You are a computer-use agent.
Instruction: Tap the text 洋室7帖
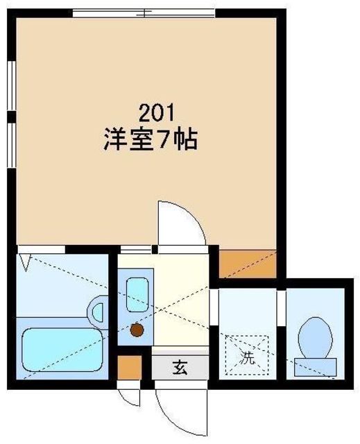151,139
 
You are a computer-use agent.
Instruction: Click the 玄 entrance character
180,368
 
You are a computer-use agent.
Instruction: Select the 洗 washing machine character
247,358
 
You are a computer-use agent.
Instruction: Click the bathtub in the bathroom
62,350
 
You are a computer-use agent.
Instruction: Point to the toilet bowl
315,338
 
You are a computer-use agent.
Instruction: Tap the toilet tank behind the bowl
316,367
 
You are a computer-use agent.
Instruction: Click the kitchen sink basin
137,295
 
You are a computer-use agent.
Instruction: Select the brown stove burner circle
137,330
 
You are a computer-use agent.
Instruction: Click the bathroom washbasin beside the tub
98,312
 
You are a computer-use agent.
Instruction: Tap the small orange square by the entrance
129,367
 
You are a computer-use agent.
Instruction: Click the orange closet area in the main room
248,264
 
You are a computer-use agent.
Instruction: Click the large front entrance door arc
175,416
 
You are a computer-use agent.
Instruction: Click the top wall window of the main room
144,13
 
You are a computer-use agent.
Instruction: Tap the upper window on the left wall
12,85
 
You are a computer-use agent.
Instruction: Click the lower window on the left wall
12,145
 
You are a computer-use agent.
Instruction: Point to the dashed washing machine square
247,355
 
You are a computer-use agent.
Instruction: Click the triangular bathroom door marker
26,263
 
